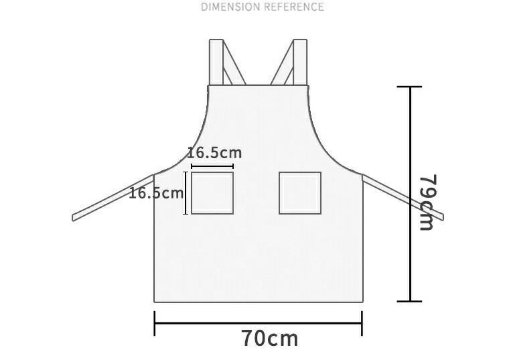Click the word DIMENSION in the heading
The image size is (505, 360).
click(230, 7)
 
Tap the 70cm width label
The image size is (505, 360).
click(270, 338)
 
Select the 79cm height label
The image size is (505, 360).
click(428, 202)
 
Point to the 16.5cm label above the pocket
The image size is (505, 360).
click(214, 152)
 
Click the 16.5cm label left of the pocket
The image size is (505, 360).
click(156, 193)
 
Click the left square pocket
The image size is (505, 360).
click(212, 193)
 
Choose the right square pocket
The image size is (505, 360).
click(300, 193)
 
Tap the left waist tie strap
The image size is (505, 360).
click(113, 198)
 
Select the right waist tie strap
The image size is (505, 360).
click(403, 198)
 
